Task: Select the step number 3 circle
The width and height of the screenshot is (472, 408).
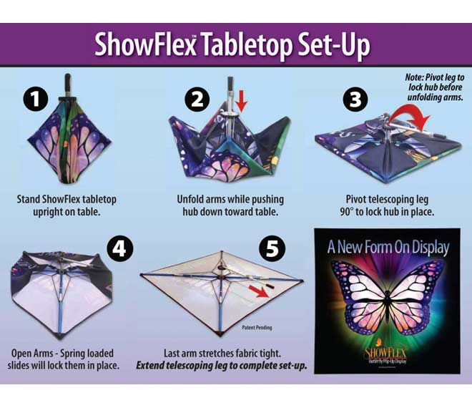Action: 353,99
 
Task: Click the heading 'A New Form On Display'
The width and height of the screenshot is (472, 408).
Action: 388,247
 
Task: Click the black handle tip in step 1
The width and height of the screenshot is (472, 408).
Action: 67,77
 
